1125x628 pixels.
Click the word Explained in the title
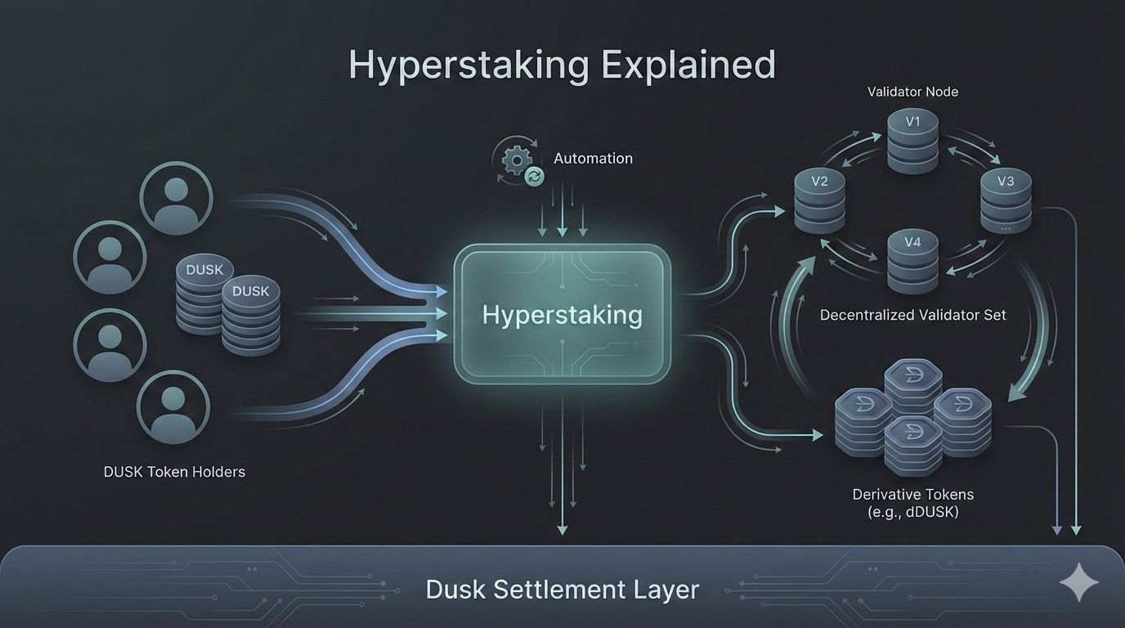[688, 65]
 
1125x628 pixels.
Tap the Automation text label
[593, 159]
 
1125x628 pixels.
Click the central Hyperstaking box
[562, 315]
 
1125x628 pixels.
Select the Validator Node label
[912, 92]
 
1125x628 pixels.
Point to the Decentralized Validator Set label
[912, 315]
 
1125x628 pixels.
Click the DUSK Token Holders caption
[174, 472]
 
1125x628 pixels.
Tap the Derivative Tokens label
[912, 495]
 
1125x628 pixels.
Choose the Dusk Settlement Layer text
[562, 590]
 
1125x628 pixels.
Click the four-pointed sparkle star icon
[1078, 583]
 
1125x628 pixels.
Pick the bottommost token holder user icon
[173, 406]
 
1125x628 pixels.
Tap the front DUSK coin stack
[251, 315]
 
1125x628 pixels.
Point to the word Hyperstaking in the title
[469, 65]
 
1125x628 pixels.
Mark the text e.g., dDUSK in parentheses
[912, 513]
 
